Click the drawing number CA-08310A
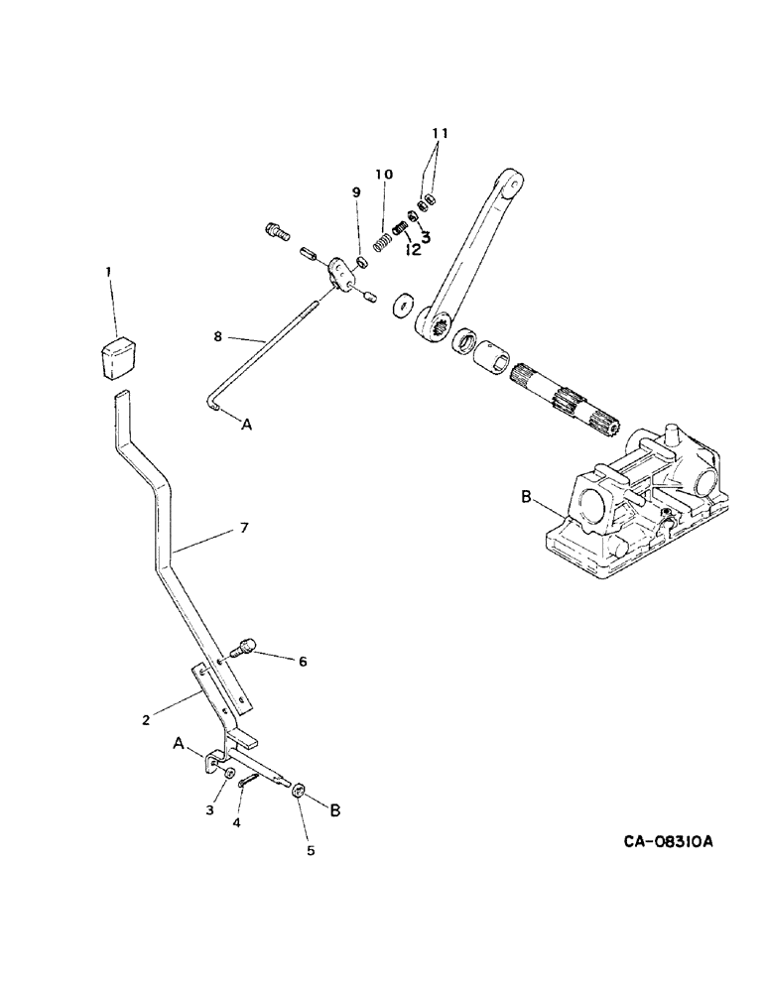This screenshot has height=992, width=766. point(669,842)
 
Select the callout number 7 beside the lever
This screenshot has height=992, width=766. point(243,529)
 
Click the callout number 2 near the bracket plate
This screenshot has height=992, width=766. point(146,719)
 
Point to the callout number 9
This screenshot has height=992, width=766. point(356,191)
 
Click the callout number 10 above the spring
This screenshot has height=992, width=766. point(383,175)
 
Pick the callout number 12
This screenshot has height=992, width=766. point(411,250)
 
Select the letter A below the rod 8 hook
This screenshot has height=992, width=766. point(247,424)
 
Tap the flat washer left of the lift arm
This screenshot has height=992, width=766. point(403,305)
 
